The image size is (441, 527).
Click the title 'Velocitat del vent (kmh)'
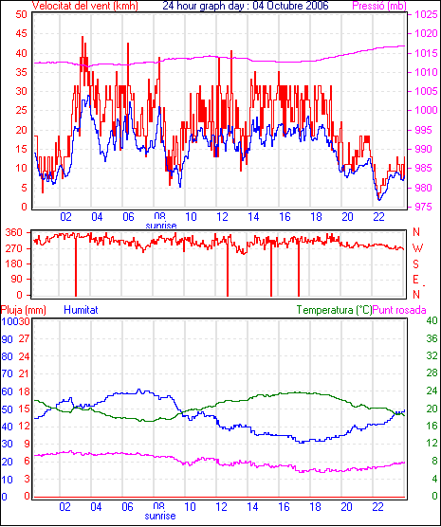(x=84, y=6)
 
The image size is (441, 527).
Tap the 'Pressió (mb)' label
(x=379, y=6)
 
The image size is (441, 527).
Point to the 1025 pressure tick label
(x=426, y=14)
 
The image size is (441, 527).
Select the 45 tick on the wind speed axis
(x=21, y=33)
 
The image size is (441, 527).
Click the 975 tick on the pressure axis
(x=424, y=207)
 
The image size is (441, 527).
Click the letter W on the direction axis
(x=417, y=248)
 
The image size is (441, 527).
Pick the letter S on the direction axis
(x=415, y=264)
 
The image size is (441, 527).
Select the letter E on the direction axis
(x=415, y=280)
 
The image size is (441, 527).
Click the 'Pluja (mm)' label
(x=23, y=310)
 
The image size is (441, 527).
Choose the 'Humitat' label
(x=81, y=310)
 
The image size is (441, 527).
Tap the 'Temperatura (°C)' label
(x=335, y=310)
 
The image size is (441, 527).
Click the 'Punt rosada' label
(x=399, y=310)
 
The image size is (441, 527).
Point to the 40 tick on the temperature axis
(x=432, y=320)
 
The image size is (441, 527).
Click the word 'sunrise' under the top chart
(x=161, y=226)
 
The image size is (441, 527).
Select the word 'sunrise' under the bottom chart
(x=160, y=516)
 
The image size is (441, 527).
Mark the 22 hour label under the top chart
(x=378, y=217)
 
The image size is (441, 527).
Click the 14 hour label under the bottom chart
(x=252, y=506)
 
